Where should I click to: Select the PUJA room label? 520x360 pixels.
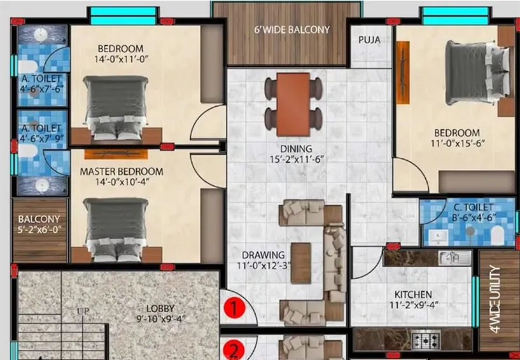pyautogui.click(x=369, y=40)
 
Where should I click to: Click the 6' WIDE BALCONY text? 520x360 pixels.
pyautogui.click(x=292, y=30)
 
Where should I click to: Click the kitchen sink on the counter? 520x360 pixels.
pyautogui.click(x=454, y=258)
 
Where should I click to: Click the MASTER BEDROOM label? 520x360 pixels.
pyautogui.click(x=121, y=172)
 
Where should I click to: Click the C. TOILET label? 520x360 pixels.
pyautogui.click(x=473, y=207)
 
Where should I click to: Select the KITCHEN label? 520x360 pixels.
pyautogui.click(x=413, y=295)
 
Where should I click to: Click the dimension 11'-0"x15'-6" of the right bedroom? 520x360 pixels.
pyautogui.click(x=456, y=144)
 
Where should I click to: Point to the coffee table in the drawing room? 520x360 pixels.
pyautogui.click(x=301, y=262)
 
